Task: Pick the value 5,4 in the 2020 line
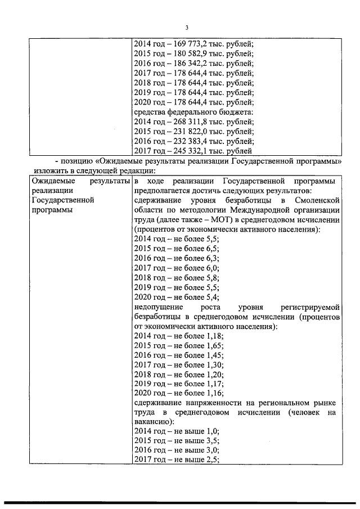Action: (213, 298)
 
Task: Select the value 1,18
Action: (215, 336)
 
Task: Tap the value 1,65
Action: (215, 346)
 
